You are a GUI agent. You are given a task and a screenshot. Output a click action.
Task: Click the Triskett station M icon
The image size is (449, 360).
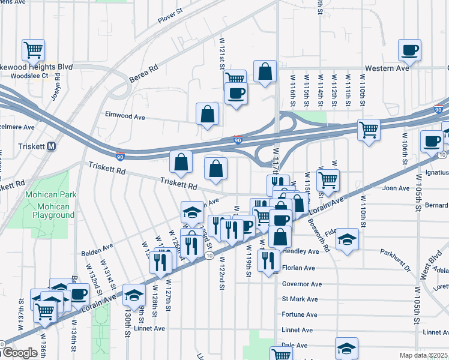pos(52,146)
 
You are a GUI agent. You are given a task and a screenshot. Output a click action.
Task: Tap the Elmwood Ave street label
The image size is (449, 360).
pos(125,114)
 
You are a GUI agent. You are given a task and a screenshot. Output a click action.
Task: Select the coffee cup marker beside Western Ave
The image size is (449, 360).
pos(411,50)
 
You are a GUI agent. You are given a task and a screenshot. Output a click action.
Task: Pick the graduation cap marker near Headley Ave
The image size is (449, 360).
pos(346,240)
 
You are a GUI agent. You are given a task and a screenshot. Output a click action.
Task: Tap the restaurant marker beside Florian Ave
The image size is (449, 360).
pos(268,260)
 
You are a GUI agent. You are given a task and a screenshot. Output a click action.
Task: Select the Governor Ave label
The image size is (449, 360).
pos(302,284)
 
